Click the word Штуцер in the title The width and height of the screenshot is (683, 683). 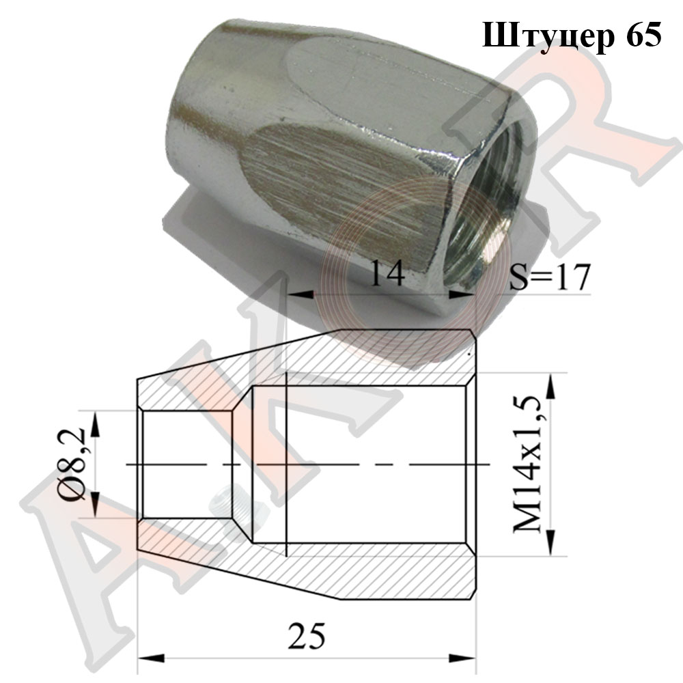(x=548, y=36)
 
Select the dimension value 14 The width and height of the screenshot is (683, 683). (x=387, y=273)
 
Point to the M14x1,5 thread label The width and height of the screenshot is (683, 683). (x=527, y=464)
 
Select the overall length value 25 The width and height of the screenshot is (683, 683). (x=306, y=637)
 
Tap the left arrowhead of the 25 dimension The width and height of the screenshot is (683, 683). (x=151, y=658)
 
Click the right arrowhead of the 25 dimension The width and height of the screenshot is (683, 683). (x=462, y=658)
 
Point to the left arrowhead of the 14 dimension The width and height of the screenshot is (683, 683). (x=301, y=295)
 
